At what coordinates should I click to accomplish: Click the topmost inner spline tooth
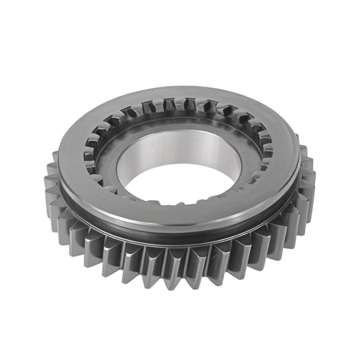180,104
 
